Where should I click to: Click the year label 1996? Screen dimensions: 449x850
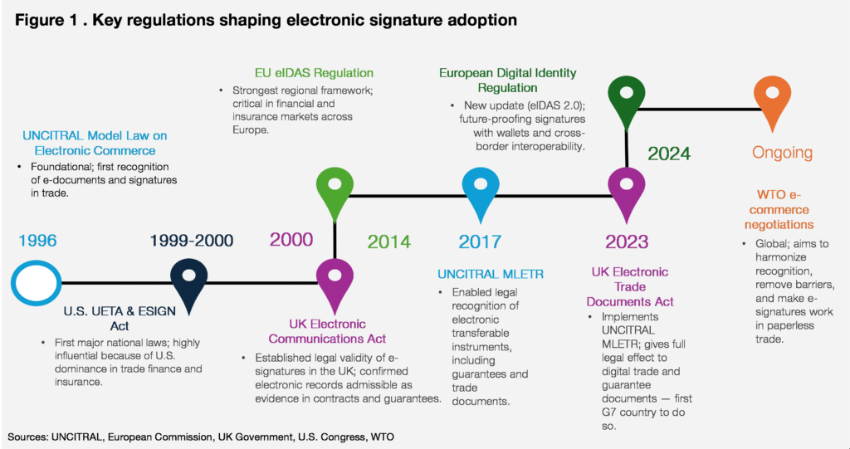(x=37, y=241)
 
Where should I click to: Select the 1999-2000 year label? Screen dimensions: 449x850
(x=192, y=241)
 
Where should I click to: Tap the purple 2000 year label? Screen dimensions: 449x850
(x=291, y=240)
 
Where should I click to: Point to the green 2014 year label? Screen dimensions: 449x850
(x=388, y=242)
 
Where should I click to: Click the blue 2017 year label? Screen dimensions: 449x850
(x=480, y=242)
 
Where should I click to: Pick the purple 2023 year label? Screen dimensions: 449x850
(x=627, y=242)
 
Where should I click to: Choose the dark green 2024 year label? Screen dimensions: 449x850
(x=668, y=154)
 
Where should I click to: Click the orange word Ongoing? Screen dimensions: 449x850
(x=782, y=153)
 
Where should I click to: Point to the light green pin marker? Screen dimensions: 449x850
(x=335, y=193)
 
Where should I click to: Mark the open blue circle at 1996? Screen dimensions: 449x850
(x=36, y=282)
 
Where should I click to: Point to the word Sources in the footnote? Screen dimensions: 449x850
(x=29, y=436)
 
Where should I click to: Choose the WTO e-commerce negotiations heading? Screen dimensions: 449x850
(x=779, y=210)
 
